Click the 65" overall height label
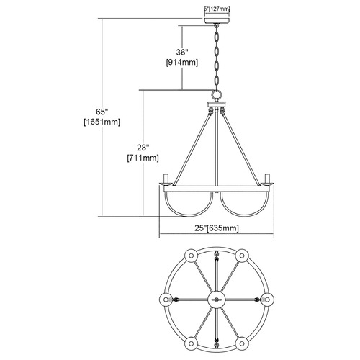tap(102, 112)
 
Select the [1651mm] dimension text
tap(102, 122)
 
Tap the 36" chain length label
tap(182, 53)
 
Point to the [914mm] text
tap(182, 63)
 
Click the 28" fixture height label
tap(143, 148)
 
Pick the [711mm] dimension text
tap(143, 158)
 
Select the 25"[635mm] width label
tap(217, 228)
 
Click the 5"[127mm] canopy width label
tap(217, 9)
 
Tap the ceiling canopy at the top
tap(217, 20)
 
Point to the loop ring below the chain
tap(217, 94)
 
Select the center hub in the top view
tap(217, 300)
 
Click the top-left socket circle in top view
tap(192, 256)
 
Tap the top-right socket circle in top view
tap(242, 256)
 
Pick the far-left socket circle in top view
tap(166, 300)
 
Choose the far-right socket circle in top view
tap(267, 300)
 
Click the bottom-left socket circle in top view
tap(192, 343)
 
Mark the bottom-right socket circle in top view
tap(242, 343)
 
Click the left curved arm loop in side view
tap(189, 215)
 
